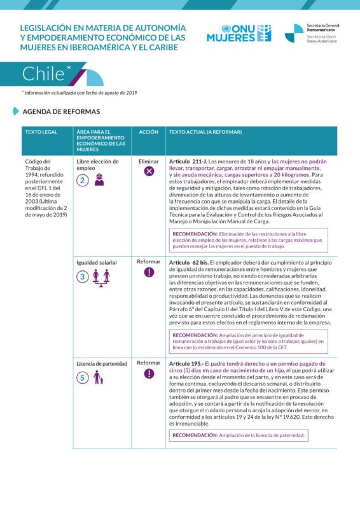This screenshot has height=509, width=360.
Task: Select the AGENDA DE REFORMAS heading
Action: [x=61, y=111]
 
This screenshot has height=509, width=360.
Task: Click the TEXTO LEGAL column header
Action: [x=41, y=132]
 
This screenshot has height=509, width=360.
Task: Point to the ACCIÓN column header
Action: [x=149, y=132]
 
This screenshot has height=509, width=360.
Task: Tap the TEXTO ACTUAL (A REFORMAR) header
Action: [x=205, y=132]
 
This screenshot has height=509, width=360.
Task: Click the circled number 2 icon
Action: [x=82, y=180]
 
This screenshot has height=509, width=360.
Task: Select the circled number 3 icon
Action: [x=82, y=277]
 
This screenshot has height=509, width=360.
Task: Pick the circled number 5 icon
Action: [x=82, y=377]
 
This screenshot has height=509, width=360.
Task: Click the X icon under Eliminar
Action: [x=149, y=171]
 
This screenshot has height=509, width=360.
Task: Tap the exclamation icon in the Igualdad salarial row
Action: [x=149, y=272]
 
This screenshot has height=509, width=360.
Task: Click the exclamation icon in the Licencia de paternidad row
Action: [x=149, y=373]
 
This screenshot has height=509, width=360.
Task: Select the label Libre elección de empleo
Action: [x=97, y=165]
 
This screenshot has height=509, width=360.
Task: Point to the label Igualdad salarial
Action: [x=97, y=261]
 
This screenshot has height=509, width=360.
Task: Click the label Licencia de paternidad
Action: [x=102, y=363]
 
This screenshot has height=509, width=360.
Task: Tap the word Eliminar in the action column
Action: [x=149, y=161]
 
